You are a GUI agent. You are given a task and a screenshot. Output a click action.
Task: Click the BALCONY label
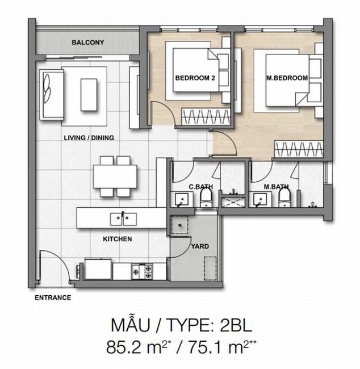[x=88, y=43]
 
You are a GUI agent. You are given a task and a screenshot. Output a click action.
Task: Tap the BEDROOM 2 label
[x=195, y=78]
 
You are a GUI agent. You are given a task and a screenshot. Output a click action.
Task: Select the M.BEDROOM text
[x=287, y=78]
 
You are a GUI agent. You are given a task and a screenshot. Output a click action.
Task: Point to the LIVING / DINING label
[x=89, y=138]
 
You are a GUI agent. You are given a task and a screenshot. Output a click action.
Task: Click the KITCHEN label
[x=117, y=239]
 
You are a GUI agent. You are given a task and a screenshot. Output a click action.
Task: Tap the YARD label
[x=200, y=246]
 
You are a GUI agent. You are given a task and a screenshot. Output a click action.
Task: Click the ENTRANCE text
[x=53, y=297]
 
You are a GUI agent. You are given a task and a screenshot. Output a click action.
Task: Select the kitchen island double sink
[x=123, y=219]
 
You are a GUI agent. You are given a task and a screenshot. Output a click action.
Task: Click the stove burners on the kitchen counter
[x=142, y=272]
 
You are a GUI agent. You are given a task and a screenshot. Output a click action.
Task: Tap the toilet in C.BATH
[x=207, y=198]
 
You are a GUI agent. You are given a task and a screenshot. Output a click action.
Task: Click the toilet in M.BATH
[x=285, y=198]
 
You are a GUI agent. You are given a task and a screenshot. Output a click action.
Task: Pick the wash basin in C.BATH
[x=182, y=200]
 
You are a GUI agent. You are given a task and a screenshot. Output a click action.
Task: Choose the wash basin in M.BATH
[x=260, y=200]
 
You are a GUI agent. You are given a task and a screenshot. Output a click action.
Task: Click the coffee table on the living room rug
[x=89, y=95]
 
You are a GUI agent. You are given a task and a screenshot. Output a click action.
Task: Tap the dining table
[x=115, y=177]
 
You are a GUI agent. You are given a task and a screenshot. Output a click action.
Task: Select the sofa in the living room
[x=51, y=95]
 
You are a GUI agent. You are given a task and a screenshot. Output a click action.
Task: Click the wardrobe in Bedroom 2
[x=206, y=116]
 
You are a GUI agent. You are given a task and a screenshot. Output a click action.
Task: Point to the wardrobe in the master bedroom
[x=299, y=149]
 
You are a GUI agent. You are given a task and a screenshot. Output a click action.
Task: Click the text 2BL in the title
[x=236, y=325]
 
